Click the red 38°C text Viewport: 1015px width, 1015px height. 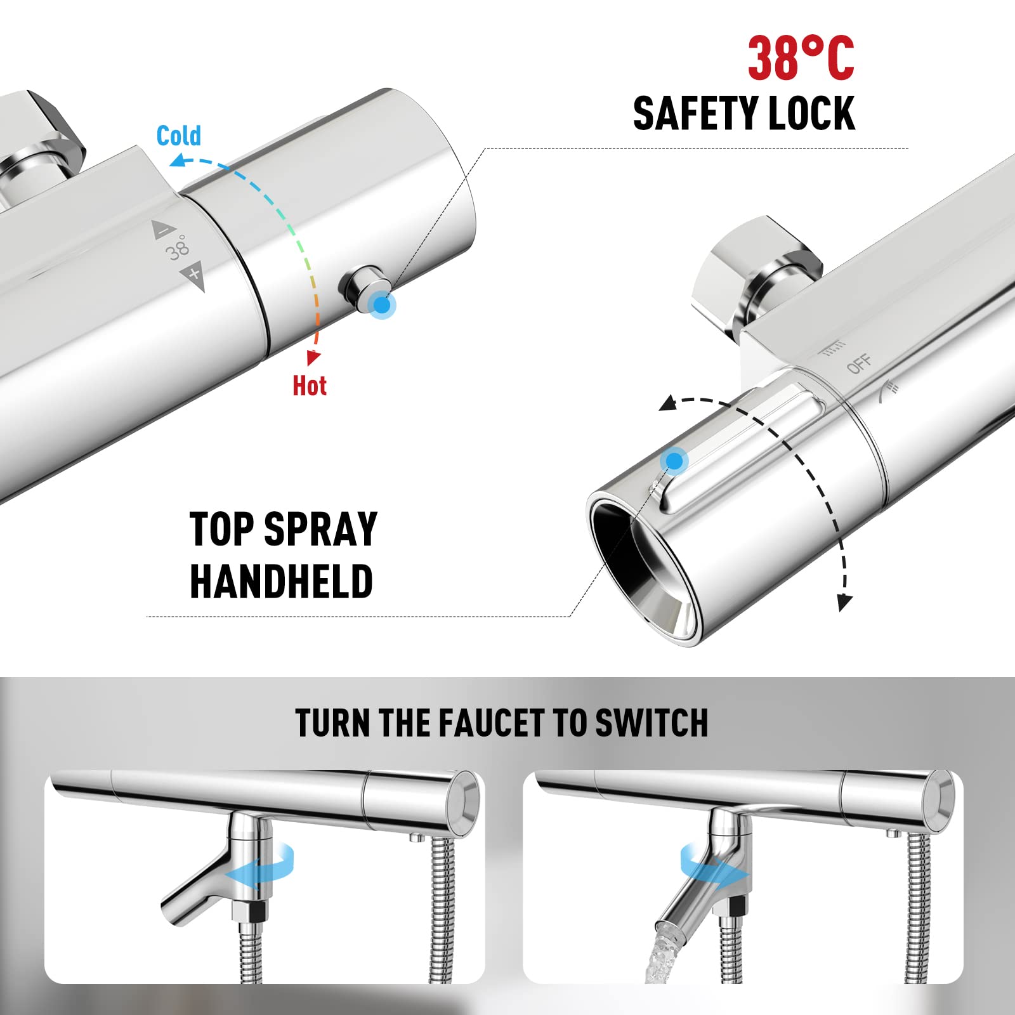801,58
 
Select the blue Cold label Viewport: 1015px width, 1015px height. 178,136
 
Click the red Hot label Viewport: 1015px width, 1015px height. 309,386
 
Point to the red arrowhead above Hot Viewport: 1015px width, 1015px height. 313,357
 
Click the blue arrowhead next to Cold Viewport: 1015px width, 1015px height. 178,161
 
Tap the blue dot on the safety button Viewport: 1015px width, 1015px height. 382,305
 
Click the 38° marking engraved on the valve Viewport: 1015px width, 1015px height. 178,248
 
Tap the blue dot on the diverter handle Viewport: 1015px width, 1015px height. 674,461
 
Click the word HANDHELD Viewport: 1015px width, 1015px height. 281,582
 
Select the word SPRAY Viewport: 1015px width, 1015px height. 320,529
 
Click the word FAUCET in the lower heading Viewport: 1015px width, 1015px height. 492,723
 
